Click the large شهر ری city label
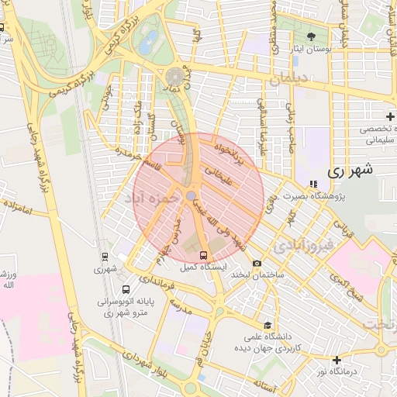[x=350, y=170]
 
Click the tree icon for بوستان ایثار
[x=312, y=36]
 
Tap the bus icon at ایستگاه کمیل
[x=204, y=255]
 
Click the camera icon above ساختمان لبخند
[x=257, y=264]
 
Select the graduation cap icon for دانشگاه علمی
[x=268, y=326]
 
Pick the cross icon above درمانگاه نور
[x=337, y=360]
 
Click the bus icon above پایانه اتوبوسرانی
[x=126, y=290]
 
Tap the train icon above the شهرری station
[x=105, y=257]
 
